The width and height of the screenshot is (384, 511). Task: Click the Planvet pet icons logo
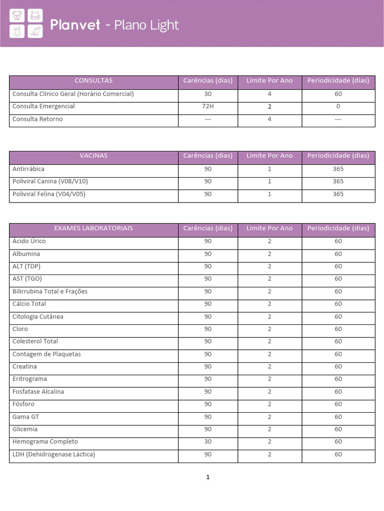pyautogui.click(x=26, y=24)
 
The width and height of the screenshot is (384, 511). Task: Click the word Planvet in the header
pyautogui.click(x=76, y=25)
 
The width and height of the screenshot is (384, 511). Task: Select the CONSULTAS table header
pyautogui.click(x=93, y=81)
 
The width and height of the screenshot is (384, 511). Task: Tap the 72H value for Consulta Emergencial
pyautogui.click(x=208, y=106)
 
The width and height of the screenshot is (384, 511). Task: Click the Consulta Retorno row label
pyautogui.click(x=37, y=119)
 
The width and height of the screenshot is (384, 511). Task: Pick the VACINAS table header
pyautogui.click(x=93, y=156)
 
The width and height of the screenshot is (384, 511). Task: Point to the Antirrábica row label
pyautogui.click(x=28, y=169)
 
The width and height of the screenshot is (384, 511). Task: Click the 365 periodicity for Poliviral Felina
pyautogui.click(x=338, y=194)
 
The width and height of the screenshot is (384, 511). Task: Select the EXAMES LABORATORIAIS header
pyautogui.click(x=93, y=229)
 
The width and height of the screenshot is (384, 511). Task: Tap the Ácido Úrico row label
pyautogui.click(x=29, y=241)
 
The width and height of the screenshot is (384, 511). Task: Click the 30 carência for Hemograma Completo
pyautogui.click(x=208, y=442)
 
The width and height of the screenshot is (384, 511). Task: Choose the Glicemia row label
pyautogui.click(x=25, y=429)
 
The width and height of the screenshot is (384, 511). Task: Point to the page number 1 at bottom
pyautogui.click(x=208, y=478)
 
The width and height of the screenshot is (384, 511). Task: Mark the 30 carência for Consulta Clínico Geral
pyautogui.click(x=208, y=94)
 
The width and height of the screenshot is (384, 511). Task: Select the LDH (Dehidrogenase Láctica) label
pyautogui.click(x=53, y=454)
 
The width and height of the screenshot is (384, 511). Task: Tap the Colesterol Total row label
pyautogui.click(x=35, y=341)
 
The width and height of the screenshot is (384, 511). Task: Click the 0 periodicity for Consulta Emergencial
pyautogui.click(x=338, y=106)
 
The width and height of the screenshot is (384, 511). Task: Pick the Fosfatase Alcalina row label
pyautogui.click(x=38, y=392)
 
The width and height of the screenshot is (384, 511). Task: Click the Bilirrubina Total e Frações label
pyautogui.click(x=50, y=291)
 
